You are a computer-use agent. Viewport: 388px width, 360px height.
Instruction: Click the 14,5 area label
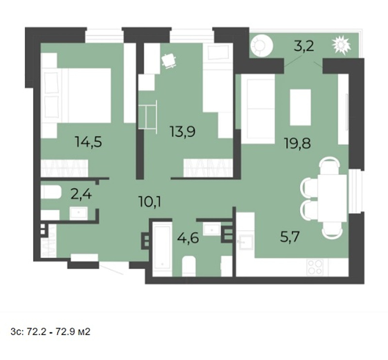[89, 142]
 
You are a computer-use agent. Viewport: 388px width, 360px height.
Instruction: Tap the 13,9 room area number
[183, 131]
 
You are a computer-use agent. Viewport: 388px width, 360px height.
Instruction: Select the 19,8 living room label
[297, 143]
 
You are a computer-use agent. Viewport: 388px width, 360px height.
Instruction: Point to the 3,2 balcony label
[304, 46]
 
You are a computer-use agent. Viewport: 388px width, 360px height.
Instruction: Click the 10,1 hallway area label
[150, 202]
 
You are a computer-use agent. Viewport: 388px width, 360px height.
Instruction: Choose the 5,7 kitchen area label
[290, 237]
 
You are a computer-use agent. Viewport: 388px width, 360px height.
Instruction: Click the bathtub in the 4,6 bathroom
[162, 249]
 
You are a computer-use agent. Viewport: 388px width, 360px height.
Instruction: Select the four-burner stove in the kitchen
[315, 267]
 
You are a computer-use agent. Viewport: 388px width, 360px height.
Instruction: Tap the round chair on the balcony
[261, 46]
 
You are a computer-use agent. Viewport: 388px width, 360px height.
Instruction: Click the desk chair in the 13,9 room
[169, 61]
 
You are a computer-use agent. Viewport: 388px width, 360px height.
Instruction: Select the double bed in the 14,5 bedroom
[76, 95]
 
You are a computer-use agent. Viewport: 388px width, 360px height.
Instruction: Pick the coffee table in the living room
[300, 107]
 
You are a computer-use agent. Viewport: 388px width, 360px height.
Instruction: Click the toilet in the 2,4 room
[51, 192]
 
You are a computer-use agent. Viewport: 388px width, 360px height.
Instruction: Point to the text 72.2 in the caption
[36, 331]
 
